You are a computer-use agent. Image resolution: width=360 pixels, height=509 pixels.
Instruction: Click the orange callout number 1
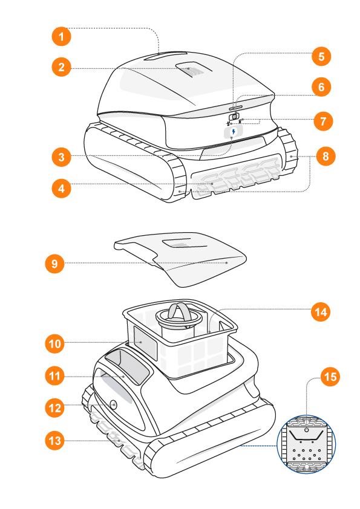point(61,36)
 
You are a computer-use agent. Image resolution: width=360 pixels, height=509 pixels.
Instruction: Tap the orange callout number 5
point(321,56)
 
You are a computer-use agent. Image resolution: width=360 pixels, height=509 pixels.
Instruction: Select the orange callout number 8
point(326,156)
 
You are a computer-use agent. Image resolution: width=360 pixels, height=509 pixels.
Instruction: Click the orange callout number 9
point(54,263)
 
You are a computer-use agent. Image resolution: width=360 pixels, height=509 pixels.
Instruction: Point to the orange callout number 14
point(321,312)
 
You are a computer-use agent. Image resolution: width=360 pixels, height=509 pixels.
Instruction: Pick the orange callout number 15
point(330,377)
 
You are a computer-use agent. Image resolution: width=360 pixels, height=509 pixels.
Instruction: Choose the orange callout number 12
point(54,407)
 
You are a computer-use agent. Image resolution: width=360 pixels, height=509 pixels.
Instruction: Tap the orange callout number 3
point(61,157)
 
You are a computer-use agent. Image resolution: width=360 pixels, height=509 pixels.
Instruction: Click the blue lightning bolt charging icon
point(234,132)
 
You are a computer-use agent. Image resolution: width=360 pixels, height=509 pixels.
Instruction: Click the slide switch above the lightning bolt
point(234,116)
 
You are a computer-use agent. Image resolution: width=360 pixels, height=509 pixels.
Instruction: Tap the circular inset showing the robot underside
point(306,444)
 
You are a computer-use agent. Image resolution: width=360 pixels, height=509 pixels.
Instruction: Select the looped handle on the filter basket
point(178,312)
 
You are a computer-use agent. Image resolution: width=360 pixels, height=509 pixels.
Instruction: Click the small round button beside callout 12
point(113,405)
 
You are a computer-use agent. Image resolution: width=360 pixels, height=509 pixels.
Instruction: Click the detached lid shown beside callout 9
point(180,259)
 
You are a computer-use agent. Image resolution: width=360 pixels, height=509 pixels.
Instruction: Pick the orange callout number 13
point(54,441)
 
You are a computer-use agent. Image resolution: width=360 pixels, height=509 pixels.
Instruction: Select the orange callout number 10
point(54,343)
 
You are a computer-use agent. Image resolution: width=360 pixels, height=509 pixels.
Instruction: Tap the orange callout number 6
point(321,87)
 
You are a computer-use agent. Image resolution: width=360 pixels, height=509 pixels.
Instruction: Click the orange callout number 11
point(54,376)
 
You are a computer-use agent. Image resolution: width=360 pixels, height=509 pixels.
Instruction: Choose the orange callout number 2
point(61,67)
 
